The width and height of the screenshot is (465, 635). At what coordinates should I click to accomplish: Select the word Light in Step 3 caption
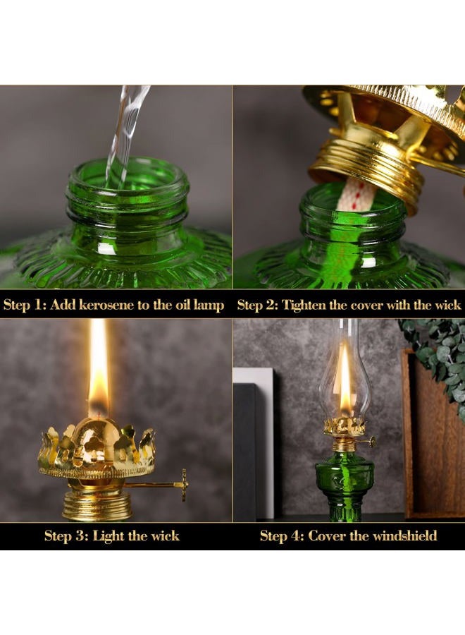108,536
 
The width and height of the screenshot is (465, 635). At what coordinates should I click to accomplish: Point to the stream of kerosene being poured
125,133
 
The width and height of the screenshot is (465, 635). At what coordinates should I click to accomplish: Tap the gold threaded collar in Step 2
366,174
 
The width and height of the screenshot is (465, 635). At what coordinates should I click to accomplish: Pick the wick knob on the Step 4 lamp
372,441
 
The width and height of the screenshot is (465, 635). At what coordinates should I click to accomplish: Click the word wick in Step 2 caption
447,305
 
